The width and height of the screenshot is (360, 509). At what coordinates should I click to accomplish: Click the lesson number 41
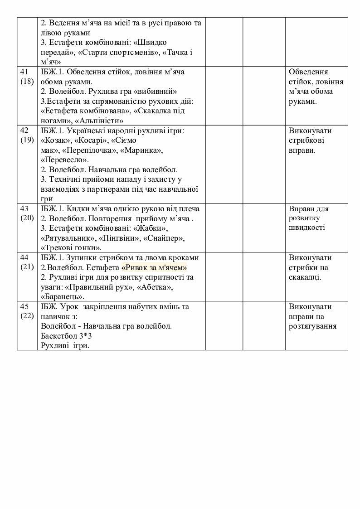click(24, 72)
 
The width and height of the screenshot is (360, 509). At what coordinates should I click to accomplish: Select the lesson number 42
click(24, 131)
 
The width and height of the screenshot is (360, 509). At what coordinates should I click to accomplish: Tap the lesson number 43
click(24, 208)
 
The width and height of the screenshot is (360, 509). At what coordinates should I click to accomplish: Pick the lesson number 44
click(24, 257)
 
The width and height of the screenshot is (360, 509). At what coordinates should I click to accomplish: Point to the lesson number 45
click(24, 306)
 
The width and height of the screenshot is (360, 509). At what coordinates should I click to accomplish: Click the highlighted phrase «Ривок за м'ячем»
click(154, 267)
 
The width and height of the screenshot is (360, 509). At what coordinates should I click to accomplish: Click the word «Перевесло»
click(64, 160)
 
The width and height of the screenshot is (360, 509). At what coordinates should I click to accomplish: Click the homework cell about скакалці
click(310, 267)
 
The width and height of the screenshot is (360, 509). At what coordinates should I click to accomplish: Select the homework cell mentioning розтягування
click(312, 316)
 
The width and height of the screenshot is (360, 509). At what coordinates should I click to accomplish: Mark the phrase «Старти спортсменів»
click(120, 52)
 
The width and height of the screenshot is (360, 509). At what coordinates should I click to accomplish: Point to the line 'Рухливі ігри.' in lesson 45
click(64, 345)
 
